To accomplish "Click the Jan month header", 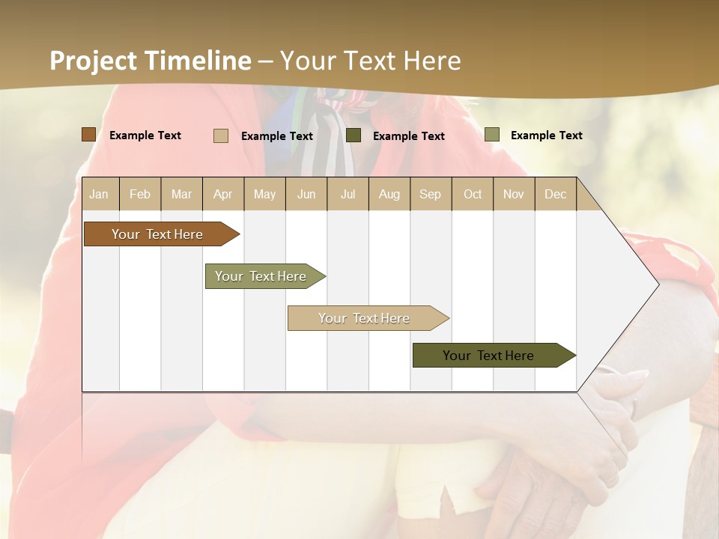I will click(x=99, y=194).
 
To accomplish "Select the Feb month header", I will click(x=140, y=194).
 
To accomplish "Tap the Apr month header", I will click(x=222, y=194).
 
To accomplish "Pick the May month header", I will click(x=264, y=194).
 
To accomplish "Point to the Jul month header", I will click(x=348, y=194).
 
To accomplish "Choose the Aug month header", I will click(x=389, y=194).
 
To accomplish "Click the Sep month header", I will click(x=430, y=194).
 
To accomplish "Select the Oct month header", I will click(x=473, y=194).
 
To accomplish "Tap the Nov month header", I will click(x=514, y=194).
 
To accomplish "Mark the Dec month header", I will click(x=555, y=194).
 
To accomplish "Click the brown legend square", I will click(x=88, y=135).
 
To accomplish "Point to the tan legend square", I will click(x=221, y=135).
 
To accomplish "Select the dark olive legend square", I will click(x=354, y=135).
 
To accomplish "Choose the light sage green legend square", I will click(x=492, y=135).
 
